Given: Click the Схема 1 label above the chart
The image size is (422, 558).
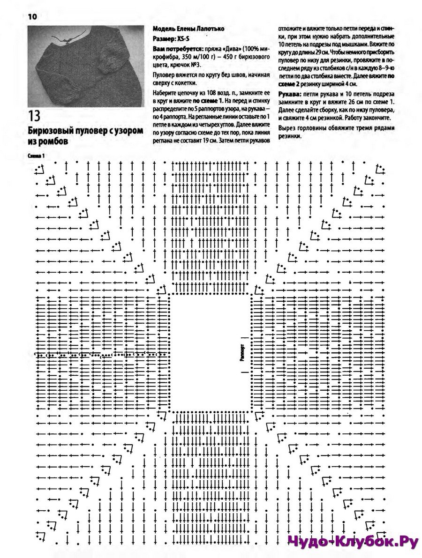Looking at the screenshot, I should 36,156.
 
